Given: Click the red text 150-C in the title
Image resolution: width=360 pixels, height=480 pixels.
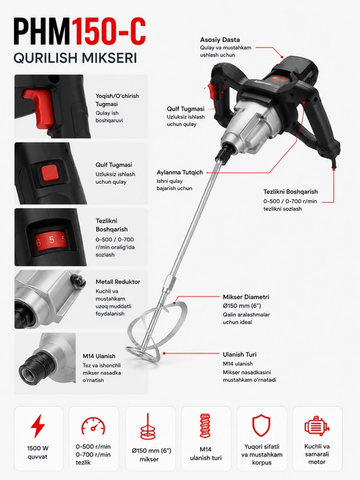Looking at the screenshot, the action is click(x=109, y=32).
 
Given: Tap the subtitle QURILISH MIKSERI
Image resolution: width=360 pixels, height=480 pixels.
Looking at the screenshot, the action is click(x=75, y=58).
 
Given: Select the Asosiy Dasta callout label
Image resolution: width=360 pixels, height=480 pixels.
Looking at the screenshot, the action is click(x=220, y=39).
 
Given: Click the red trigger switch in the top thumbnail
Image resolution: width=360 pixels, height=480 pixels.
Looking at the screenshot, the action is click(x=39, y=107).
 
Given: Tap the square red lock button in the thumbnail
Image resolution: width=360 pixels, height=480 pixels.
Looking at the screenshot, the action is click(x=49, y=173).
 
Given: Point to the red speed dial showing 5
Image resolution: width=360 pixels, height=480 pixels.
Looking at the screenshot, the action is click(x=51, y=240).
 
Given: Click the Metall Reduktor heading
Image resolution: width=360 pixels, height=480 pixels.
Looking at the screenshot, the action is click(x=118, y=281).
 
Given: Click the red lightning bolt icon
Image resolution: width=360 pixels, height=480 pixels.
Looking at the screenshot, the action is click(x=39, y=426).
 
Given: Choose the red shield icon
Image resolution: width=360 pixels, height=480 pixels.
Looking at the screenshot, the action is click(x=261, y=425).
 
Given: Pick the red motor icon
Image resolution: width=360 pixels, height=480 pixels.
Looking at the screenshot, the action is click(x=317, y=426).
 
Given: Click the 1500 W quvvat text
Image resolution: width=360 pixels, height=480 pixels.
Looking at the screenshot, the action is click(x=37, y=453).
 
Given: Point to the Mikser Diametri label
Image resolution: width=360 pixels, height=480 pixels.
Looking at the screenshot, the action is click(x=246, y=297).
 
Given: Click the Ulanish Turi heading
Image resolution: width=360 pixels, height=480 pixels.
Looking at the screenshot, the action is click(x=240, y=355).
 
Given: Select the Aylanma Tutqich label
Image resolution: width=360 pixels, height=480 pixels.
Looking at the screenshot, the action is click(x=180, y=173).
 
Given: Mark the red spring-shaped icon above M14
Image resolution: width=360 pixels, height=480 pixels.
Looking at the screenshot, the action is click(x=206, y=426).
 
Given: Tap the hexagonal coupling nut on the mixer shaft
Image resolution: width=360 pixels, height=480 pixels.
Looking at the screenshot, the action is click(x=168, y=284).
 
